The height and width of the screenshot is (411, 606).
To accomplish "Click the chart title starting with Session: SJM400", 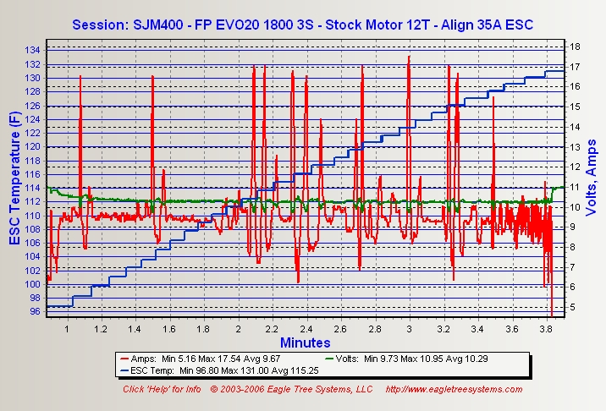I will [302, 23].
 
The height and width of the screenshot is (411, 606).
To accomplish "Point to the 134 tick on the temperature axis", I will [31, 51].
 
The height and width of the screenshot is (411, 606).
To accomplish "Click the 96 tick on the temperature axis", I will [34, 311].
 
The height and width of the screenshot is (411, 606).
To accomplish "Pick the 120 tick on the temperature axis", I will [31, 146].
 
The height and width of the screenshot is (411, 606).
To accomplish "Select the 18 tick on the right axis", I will [573, 47].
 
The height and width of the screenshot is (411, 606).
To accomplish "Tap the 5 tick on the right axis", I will [570, 306].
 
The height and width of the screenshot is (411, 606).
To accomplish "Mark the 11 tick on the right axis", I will [573, 186].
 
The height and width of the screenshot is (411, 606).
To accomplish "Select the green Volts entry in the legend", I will [416, 359].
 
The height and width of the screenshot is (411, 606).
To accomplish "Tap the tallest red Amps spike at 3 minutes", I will [409, 58].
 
